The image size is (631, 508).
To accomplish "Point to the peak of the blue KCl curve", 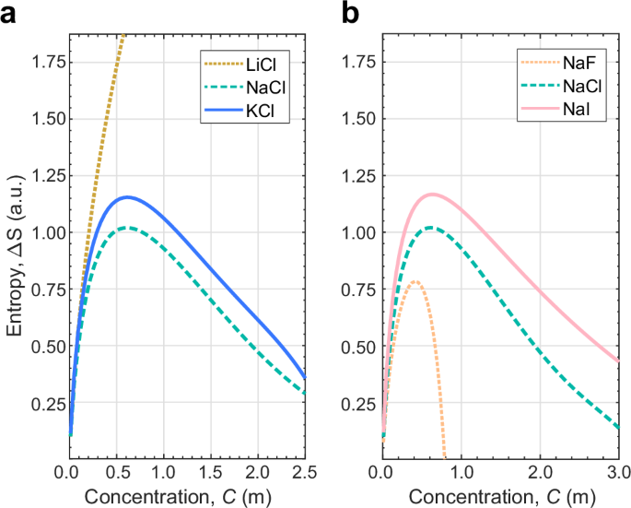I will click(126, 196).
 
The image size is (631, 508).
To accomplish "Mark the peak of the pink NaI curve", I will click(430, 194).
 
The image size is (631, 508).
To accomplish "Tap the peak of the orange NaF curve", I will click(416, 281).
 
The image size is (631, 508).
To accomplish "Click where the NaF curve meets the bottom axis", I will click(445, 457).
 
